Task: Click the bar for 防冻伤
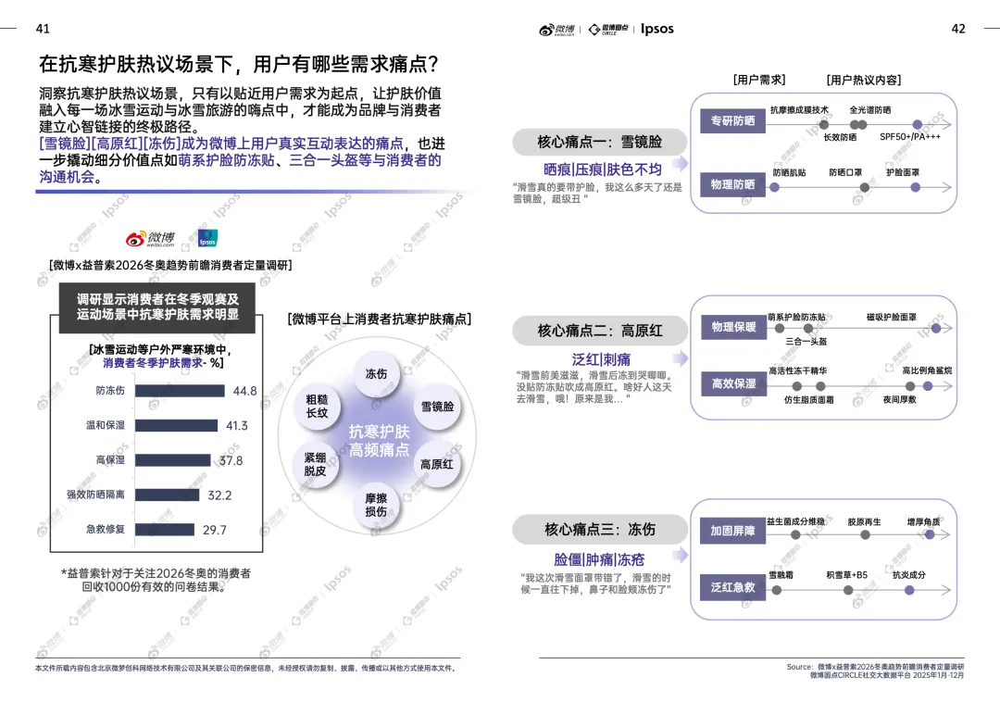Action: (180, 391)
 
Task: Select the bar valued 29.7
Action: (165, 530)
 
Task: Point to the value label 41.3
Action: (237, 426)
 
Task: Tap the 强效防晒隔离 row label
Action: (95, 495)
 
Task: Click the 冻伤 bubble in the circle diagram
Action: (376, 375)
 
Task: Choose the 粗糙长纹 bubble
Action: (317, 407)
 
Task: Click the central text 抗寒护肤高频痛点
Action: (379, 441)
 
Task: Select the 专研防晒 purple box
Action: (732, 121)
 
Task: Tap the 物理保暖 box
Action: (733, 327)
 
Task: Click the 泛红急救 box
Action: (732, 587)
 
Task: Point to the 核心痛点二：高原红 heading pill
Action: (600, 331)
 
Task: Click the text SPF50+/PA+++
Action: (910, 137)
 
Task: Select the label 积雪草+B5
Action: (846, 575)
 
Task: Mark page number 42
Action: (958, 29)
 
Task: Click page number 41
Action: (43, 29)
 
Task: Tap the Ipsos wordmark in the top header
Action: (656, 29)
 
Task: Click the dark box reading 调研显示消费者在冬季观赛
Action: (157, 307)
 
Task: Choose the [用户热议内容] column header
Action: (863, 81)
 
